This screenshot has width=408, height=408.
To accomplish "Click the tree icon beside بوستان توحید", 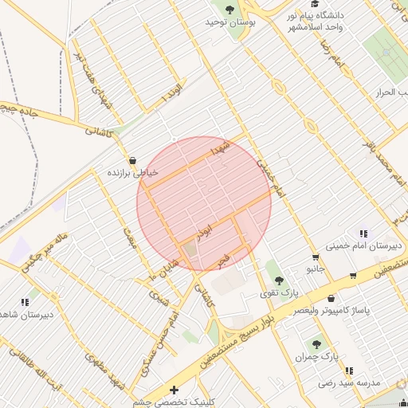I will pos(230,10).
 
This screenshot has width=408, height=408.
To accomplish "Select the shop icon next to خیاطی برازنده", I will pos(131,159).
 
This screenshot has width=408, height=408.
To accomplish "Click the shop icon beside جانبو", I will pos(316,257).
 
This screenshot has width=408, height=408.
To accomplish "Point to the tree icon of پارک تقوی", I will pos(278,280).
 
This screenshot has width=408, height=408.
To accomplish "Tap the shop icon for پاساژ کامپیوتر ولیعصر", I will pos(352,277).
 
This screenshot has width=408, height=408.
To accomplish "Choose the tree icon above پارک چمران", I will pos(316,344).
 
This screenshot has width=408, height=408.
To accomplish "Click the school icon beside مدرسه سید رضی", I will pos(348,371).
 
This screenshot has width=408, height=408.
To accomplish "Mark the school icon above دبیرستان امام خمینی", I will pos(363,233).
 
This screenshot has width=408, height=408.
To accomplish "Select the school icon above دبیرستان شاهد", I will pos(25,302).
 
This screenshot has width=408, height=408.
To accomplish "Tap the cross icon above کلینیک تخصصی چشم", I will pos(175,390).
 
